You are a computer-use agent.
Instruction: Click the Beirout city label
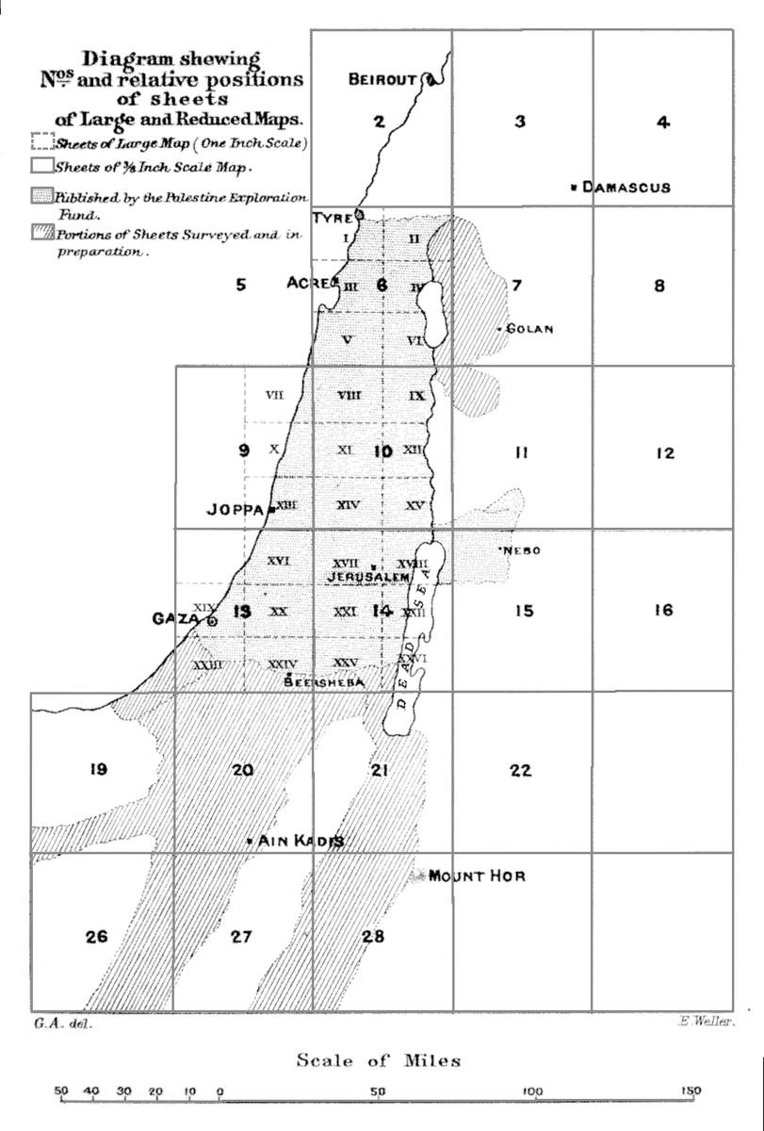click(x=382, y=81)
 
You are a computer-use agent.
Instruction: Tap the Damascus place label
click(x=626, y=188)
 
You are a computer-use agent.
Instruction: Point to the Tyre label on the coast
click(x=332, y=217)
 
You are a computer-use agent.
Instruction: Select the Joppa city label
click(x=236, y=510)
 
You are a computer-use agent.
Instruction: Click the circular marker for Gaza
click(x=213, y=621)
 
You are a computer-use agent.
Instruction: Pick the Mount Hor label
click(x=477, y=877)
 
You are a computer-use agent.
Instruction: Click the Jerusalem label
click(x=368, y=575)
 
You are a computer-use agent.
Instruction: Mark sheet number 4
click(x=663, y=123)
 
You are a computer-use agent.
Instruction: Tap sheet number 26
click(x=96, y=937)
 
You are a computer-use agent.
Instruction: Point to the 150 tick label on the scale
click(x=691, y=1091)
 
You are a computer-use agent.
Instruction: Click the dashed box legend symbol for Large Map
click(x=40, y=143)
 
